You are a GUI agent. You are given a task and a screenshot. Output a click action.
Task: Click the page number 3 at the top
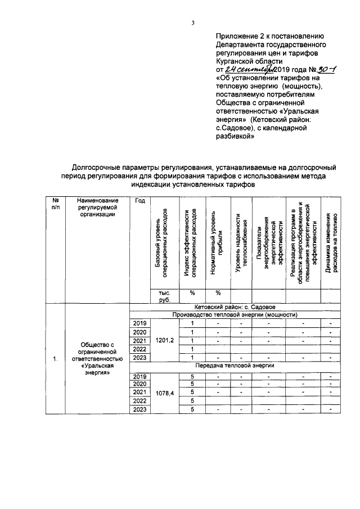192,23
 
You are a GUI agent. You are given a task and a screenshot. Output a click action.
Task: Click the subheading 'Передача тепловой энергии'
234,366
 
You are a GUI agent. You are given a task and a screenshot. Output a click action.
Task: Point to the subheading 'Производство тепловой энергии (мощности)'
234,314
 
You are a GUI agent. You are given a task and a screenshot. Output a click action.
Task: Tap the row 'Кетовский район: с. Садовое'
234,307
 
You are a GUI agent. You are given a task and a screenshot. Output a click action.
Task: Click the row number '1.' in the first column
55,358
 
